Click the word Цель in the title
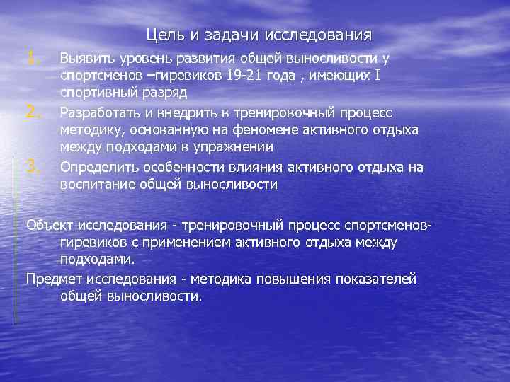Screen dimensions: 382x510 point(162,35)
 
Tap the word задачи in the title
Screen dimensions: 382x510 point(225,35)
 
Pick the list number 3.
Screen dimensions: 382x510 point(30,167)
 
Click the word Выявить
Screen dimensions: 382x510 point(84,59)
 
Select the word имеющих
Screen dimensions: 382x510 point(338,76)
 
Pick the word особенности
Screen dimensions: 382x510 point(186,168)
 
